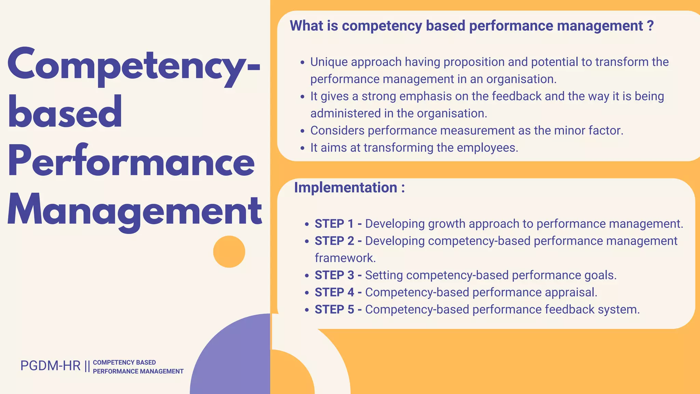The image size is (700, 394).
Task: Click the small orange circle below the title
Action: [229, 252]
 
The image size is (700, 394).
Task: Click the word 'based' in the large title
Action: [65, 113]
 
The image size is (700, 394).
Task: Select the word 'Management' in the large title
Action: [134, 210]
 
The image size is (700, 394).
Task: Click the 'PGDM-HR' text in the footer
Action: [50, 366]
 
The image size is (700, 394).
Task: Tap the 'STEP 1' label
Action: [334, 224]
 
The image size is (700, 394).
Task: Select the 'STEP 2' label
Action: [334, 241]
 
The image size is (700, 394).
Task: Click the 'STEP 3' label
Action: [334, 275]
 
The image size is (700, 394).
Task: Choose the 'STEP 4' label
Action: [334, 292]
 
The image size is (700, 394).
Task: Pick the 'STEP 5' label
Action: [334, 310]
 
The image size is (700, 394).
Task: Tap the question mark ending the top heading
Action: [650, 26]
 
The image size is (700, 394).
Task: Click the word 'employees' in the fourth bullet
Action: [487, 148]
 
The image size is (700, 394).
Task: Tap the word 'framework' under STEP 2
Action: [345, 258]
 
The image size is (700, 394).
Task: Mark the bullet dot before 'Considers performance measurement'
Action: [302, 131]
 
